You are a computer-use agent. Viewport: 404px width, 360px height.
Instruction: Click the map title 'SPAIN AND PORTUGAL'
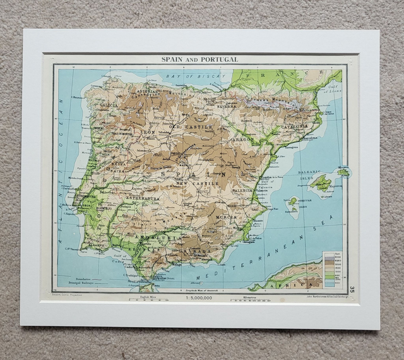pos(199,59)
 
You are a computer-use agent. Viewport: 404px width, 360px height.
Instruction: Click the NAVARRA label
pos(228,107)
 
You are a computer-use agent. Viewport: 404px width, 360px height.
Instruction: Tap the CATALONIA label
pos(294,126)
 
